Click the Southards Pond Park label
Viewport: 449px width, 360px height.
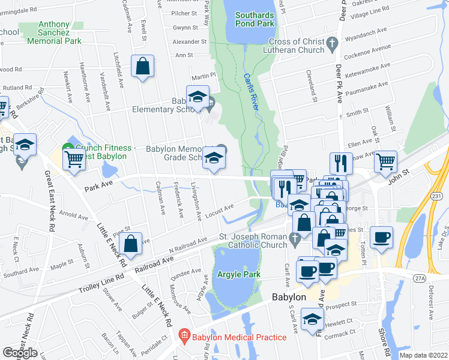[255, 19]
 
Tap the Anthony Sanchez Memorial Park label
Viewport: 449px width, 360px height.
[55, 34]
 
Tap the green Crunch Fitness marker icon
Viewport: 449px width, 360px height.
[67, 148]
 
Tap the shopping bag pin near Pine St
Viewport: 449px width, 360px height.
[130, 243]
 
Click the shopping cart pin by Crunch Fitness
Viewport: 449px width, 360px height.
[74, 160]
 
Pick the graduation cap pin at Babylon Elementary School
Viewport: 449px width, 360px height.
[197, 96]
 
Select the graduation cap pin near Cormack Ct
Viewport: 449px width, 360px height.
[312, 318]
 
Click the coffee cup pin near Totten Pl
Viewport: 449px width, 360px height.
[381, 236]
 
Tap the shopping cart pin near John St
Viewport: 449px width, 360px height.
[385, 160]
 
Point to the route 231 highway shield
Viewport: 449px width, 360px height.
[436, 196]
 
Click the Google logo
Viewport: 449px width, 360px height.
[19, 353]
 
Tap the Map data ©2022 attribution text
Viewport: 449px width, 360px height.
[423, 355]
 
